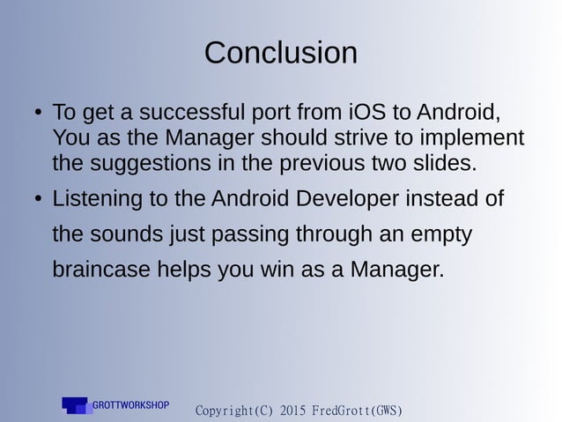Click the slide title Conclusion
click(280, 53)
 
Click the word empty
click(440, 234)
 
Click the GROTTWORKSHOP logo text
click(131, 405)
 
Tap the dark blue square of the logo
click(75, 403)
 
